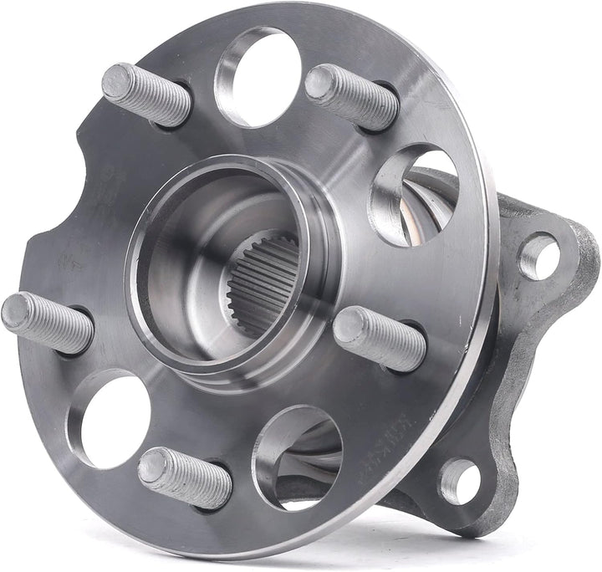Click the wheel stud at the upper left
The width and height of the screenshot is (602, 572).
pyautogui.click(x=146, y=94)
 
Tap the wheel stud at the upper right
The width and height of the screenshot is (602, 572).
pyautogui.click(x=351, y=97)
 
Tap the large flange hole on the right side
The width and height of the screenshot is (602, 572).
pyautogui.click(x=413, y=196)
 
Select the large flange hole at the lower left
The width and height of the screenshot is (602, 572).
pyautogui.click(x=109, y=419)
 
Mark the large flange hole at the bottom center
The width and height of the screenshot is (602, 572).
pyautogui.click(x=297, y=457)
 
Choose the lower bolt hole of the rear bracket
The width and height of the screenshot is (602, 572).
pyautogui.click(x=461, y=482)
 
